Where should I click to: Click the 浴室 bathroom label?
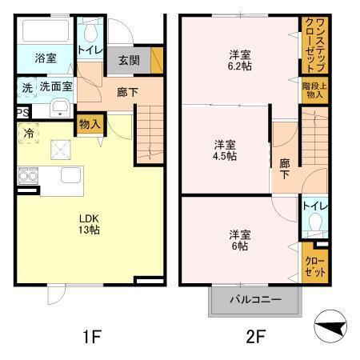[45, 58]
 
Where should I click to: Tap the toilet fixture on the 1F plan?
[90, 33]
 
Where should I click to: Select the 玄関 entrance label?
[129, 60]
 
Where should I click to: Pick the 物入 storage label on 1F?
[90, 124]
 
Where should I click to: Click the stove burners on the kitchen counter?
[26, 177]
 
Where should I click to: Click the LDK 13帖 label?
[89, 225]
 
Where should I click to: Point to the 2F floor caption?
[254, 337]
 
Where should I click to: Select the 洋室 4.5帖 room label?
[224, 150]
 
